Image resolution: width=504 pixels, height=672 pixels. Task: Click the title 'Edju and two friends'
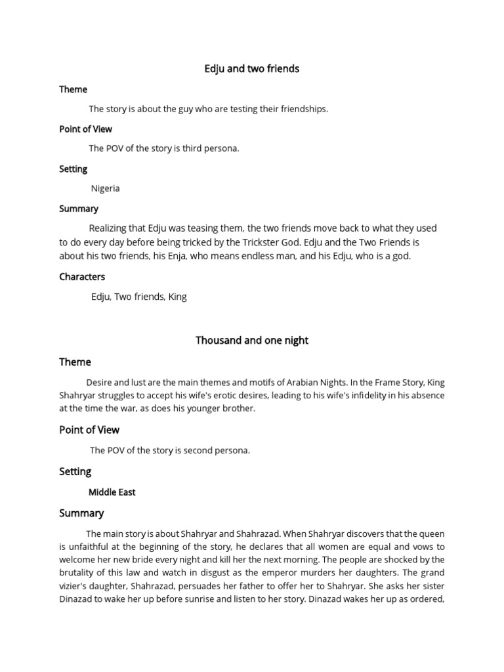click(x=251, y=69)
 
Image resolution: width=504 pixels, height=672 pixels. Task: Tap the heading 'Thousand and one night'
click(x=251, y=341)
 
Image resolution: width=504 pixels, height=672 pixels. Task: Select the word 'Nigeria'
click(x=105, y=188)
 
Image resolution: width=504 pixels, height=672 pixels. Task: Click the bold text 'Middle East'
click(x=112, y=492)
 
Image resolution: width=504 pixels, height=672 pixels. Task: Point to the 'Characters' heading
click(x=82, y=277)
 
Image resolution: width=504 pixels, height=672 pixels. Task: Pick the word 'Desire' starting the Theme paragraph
click(x=100, y=382)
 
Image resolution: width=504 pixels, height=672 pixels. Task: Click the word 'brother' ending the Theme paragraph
click(x=239, y=408)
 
